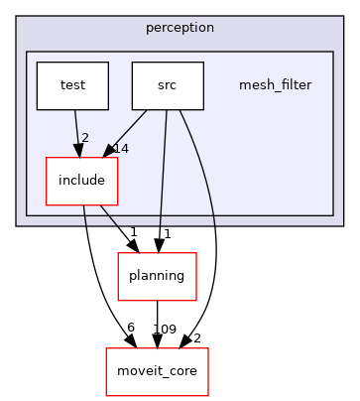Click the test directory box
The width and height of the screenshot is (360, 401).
tap(72, 85)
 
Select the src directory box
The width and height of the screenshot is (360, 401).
tap(168, 85)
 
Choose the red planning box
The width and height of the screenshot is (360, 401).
tap(157, 277)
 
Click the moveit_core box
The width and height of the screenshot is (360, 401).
tap(144, 371)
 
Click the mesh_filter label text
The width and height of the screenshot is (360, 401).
tap(275, 85)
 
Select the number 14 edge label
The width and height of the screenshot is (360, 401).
tap(121, 147)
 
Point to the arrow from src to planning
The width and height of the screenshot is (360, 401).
tap(163, 179)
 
